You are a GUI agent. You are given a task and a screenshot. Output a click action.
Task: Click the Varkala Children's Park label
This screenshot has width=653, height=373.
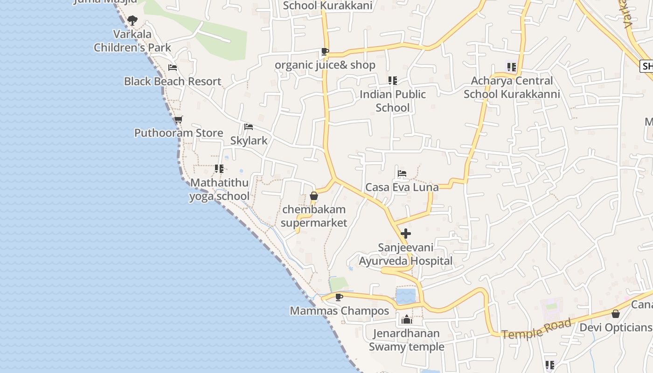click(132, 41)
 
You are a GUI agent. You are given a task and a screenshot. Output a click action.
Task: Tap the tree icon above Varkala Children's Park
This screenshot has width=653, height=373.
click(132, 20)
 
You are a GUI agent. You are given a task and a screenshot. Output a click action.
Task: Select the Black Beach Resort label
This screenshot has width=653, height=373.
click(172, 81)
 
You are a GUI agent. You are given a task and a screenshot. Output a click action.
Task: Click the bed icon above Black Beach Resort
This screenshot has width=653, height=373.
click(172, 68)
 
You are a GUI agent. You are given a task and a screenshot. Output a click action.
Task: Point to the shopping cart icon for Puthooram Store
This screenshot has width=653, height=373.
click(178, 119)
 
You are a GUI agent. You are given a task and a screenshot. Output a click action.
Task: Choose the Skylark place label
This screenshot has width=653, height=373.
click(249, 140)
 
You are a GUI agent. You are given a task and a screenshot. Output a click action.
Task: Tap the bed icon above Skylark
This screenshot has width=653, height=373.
click(249, 127)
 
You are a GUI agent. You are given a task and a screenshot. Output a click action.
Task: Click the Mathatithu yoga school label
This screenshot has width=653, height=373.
click(219, 189)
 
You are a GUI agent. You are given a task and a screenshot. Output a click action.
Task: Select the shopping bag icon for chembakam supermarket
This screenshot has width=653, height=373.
click(314, 196)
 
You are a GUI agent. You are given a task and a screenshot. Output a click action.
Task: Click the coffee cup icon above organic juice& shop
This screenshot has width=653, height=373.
click(325, 51)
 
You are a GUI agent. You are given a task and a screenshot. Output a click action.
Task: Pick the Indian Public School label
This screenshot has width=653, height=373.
click(393, 101)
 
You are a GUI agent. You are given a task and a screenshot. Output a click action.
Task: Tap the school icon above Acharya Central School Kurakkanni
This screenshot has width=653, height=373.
click(512, 67)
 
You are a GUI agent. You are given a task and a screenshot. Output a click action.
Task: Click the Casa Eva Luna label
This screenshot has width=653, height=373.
click(402, 187)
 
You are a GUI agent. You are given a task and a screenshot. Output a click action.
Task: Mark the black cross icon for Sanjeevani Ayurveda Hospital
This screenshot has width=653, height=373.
click(406, 234)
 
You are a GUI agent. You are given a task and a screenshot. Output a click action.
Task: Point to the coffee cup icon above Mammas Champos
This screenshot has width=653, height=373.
click(339, 297)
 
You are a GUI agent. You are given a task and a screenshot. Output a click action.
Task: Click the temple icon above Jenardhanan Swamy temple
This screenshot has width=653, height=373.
click(407, 319)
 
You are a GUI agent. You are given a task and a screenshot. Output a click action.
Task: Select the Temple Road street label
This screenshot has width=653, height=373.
click(536, 329)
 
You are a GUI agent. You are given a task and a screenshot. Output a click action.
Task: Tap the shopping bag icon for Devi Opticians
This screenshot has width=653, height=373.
click(616, 314)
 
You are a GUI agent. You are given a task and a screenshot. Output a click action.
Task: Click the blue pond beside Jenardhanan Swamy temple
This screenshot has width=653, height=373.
click(406, 296)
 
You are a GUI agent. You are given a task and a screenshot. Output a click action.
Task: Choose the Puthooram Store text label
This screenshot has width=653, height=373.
click(179, 133)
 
